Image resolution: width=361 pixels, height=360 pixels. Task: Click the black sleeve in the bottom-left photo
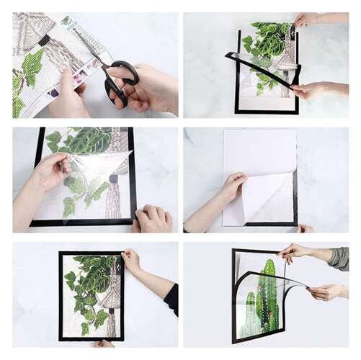171,299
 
